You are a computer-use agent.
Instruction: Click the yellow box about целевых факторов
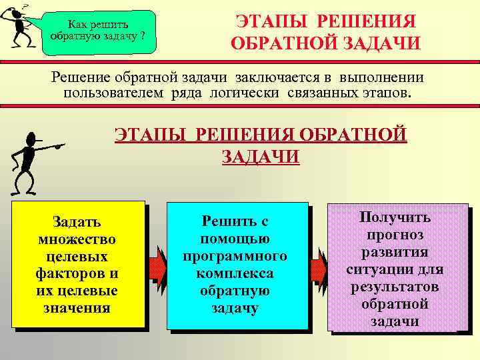pos(78,264)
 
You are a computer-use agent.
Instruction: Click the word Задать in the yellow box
pos(78,221)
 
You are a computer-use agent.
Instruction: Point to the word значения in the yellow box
pos(78,308)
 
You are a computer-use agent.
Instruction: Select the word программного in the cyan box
pos(236,256)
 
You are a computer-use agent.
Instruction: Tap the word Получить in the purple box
pos(395,217)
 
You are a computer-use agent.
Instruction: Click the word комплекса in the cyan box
pos(236,273)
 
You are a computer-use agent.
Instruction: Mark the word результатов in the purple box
pos(395,287)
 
